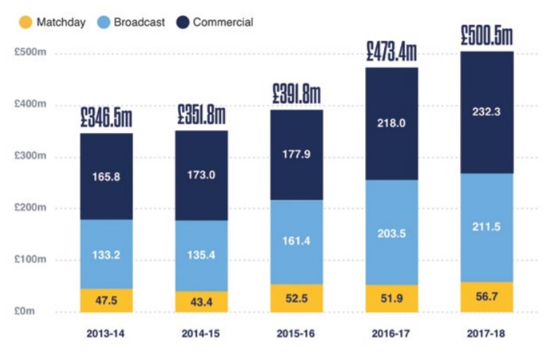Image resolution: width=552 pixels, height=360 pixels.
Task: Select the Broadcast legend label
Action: (139, 22)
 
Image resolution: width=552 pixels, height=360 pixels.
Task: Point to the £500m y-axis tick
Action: (32, 53)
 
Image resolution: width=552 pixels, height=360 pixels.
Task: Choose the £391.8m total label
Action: (296, 94)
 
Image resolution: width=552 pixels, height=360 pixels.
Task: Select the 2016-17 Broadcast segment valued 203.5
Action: (391, 232)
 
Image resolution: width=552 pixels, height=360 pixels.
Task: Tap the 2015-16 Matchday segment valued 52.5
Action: (296, 298)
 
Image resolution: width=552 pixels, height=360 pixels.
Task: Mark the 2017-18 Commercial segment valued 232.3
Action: (486, 112)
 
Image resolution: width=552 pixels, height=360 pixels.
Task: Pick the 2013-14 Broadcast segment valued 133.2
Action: (107, 254)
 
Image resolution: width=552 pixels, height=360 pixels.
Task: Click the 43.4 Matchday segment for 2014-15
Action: (202, 302)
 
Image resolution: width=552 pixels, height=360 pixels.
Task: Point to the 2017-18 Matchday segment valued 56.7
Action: (486, 296)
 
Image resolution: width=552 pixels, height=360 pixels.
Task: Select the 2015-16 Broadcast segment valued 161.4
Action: (296, 242)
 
